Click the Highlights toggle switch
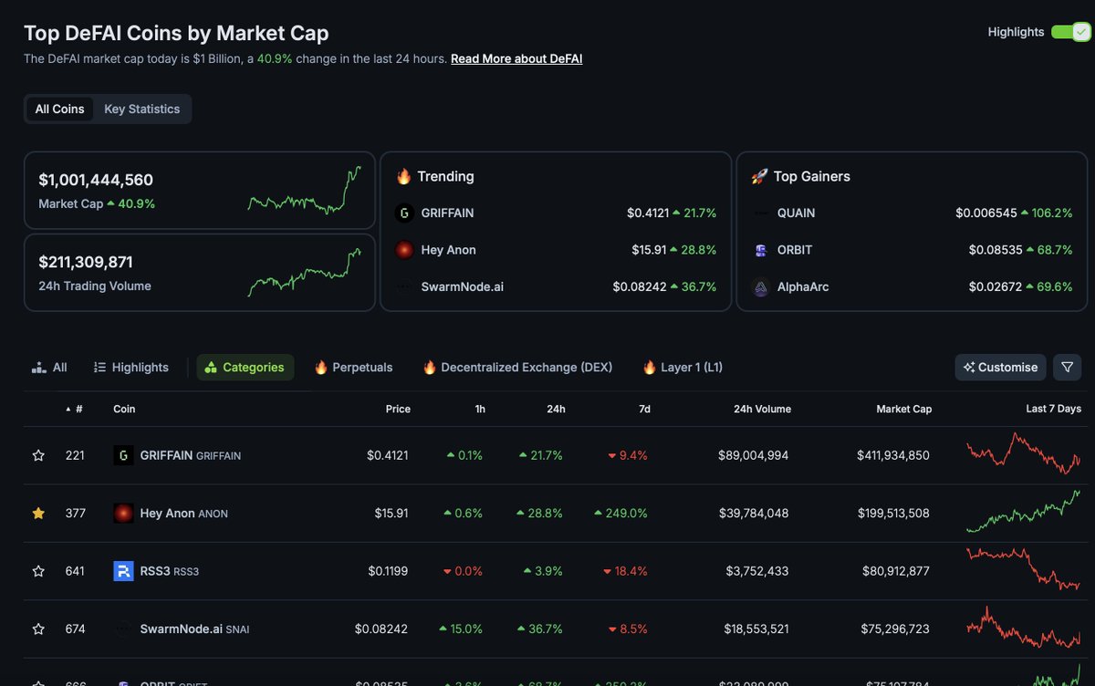tap(1069, 32)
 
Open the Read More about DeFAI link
tap(516, 58)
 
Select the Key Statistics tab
tap(141, 109)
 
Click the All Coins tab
tap(59, 109)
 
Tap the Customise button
tap(1000, 367)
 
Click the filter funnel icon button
tap(1067, 367)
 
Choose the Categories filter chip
tap(245, 367)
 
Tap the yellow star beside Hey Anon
tap(38, 514)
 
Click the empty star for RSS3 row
tap(38, 571)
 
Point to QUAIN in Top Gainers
tap(796, 213)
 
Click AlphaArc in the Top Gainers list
tap(803, 286)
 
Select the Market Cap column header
tap(903, 409)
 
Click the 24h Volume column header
tap(762, 409)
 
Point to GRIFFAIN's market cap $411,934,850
tap(892, 455)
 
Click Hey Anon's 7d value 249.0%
tap(626, 514)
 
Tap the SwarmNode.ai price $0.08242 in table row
tap(381, 629)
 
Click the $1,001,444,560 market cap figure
tap(96, 180)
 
